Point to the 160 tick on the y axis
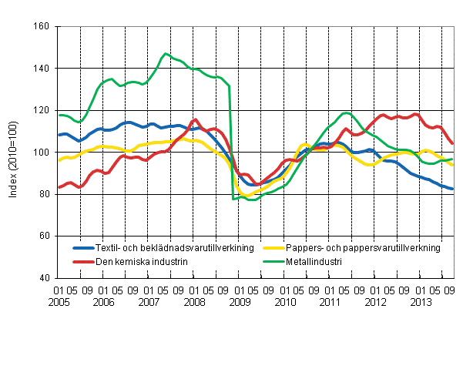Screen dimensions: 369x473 42,27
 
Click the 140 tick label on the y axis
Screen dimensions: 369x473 42,69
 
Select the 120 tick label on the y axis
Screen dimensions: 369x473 42,110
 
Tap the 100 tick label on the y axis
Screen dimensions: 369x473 42,153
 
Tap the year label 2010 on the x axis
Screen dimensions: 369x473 285,304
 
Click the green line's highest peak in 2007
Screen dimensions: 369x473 165,54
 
